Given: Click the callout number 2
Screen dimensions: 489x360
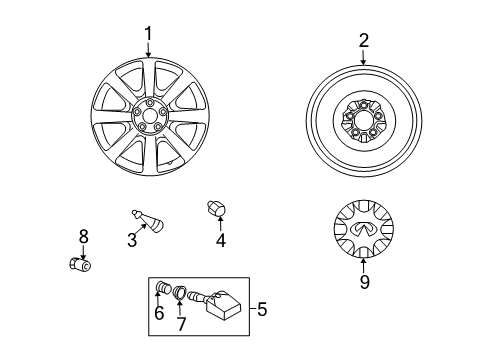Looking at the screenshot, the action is click(364, 41).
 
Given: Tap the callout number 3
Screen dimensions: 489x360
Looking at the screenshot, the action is click(132, 239).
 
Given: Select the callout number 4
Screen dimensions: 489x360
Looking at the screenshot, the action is click(221, 239).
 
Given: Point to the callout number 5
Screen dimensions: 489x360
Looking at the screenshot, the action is click(262, 310).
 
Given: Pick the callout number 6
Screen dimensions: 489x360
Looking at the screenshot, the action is click(158, 314).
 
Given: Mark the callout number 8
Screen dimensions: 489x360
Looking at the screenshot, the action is click(84, 236).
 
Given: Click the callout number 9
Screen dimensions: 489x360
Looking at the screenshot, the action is click(364, 282).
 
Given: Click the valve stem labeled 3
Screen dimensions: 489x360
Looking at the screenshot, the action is click(150, 221).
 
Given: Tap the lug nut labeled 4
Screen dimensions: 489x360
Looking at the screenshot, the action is click(215, 210).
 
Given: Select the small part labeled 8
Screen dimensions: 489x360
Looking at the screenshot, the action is click(77, 265).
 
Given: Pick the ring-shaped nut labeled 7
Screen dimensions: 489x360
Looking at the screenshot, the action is click(181, 294).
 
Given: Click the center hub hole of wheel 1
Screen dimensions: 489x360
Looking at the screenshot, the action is click(148, 117).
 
